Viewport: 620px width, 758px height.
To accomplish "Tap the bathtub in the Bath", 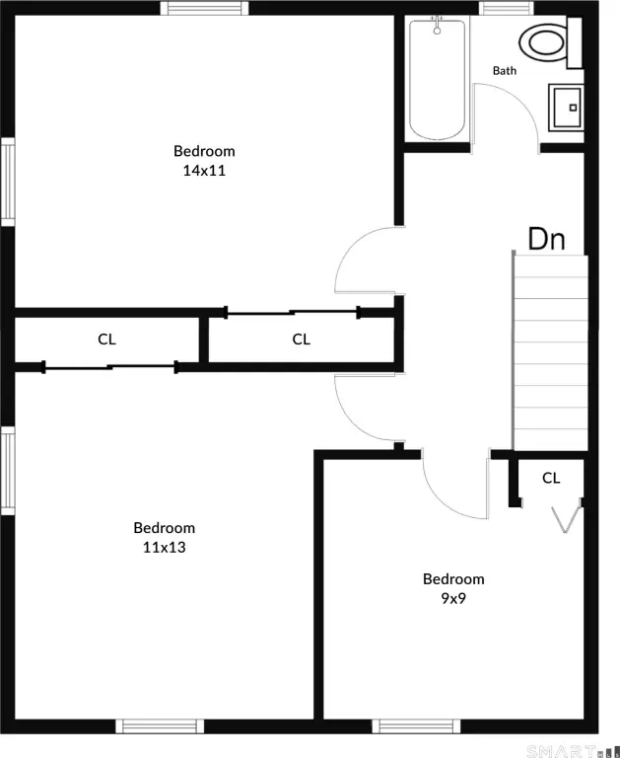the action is click(438, 79).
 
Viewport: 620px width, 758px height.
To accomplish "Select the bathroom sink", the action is click(566, 108).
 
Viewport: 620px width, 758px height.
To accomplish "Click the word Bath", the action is click(504, 71).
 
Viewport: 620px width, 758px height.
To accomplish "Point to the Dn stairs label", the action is click(546, 239).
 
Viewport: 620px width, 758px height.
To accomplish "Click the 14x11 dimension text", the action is click(204, 171).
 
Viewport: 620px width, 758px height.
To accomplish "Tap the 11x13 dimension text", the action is click(165, 547).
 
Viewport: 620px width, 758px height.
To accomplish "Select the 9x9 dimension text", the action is click(453, 598).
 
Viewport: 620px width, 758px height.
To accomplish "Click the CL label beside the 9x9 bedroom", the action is click(551, 478).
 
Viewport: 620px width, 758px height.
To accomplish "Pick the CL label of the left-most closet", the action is click(106, 340).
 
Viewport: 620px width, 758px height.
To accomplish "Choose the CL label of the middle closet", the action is click(301, 340).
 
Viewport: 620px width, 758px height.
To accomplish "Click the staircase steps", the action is click(550, 353).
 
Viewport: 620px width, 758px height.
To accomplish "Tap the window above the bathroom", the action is click(507, 8).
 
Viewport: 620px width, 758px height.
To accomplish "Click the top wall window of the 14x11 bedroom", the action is click(204, 8).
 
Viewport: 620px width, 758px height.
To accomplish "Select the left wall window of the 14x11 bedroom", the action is click(8, 182).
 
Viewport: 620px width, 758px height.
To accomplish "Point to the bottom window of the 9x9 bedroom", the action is click(416, 726).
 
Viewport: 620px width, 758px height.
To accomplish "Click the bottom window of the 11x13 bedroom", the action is click(160, 726).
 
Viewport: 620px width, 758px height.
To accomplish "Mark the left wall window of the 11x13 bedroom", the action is click(8, 471).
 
